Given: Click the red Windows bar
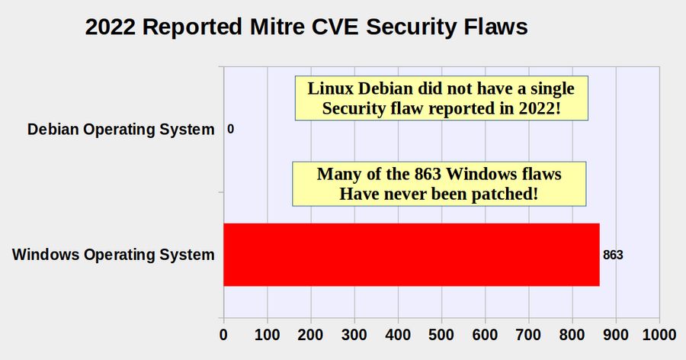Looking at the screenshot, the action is click(412, 255).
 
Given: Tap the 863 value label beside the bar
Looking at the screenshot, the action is click(613, 255).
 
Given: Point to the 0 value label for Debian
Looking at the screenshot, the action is click(230, 129).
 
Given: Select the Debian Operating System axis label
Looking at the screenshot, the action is click(120, 130).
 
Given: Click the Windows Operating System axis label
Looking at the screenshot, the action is click(114, 255).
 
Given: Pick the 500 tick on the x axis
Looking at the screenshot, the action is click(441, 335).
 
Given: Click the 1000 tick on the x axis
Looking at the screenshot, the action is click(659, 335).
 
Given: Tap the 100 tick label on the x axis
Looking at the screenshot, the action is click(267, 335).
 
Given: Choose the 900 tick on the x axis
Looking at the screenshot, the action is click(616, 335).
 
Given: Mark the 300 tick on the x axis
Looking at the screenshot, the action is click(354, 335).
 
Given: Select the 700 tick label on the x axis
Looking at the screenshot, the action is click(528, 335).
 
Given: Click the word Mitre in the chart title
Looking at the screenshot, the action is click(277, 27).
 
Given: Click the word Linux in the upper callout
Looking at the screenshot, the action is click(330, 88).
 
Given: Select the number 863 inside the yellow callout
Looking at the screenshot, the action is click(428, 174).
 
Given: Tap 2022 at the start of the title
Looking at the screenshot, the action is click(111, 27).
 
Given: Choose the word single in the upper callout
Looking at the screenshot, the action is click(553, 89).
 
